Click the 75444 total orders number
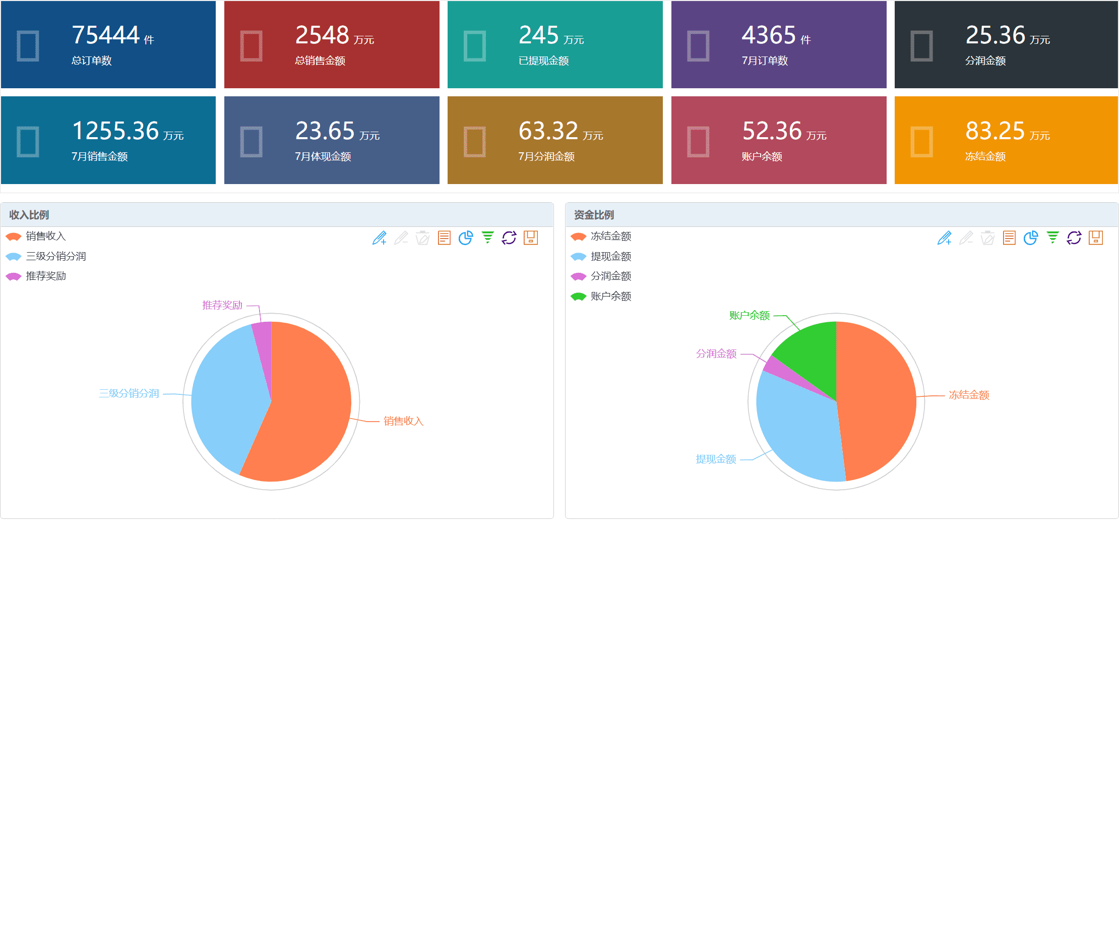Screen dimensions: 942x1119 point(106,35)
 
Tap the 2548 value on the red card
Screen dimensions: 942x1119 point(322,35)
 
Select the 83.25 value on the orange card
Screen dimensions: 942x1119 point(994,131)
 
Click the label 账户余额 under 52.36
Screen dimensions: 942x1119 point(762,156)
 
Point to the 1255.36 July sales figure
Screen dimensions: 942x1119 point(115,131)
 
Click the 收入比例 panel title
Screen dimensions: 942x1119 point(29,215)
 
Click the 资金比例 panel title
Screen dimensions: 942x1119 point(594,215)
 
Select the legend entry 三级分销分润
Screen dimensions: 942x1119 point(55,256)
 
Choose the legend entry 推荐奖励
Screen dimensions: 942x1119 point(45,276)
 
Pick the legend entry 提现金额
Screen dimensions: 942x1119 point(611,256)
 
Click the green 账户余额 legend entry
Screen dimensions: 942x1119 point(611,297)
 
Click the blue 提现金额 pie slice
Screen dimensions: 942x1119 point(801,433)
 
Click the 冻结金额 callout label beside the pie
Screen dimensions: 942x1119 point(969,395)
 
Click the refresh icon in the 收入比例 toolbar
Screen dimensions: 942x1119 point(509,238)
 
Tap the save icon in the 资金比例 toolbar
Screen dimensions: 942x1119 point(1095,238)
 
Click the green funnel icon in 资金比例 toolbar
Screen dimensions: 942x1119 point(1052,238)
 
